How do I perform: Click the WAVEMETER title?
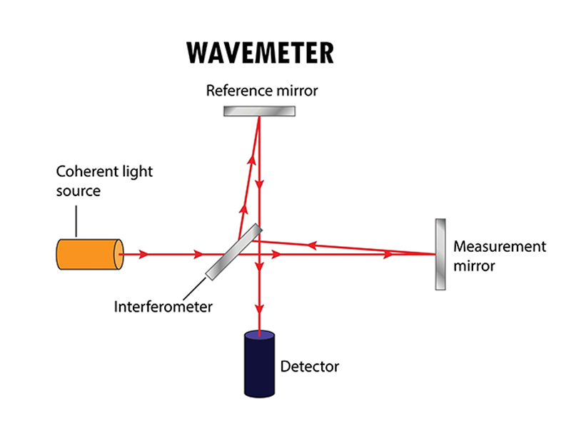click(259, 53)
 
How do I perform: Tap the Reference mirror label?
click(261, 91)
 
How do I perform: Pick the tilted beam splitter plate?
click(234, 253)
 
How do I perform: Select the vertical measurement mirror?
click(440, 253)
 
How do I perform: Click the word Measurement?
click(500, 247)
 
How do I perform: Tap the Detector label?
click(309, 367)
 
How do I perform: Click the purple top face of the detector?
click(259, 335)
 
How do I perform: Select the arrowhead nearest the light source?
click(145, 253)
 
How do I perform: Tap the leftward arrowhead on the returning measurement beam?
click(310, 245)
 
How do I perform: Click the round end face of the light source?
click(118, 253)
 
